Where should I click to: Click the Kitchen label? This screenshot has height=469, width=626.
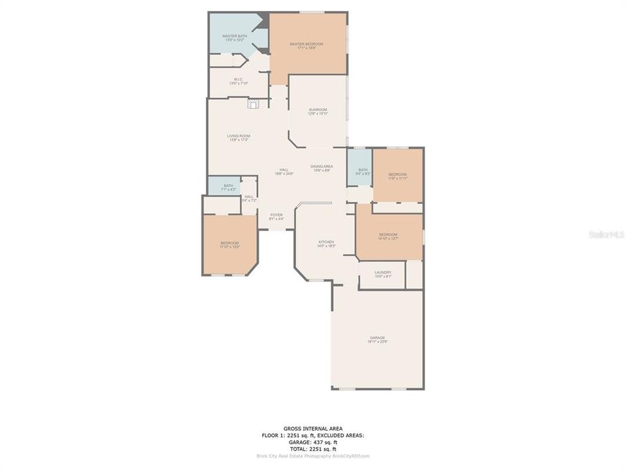click(x=326, y=243)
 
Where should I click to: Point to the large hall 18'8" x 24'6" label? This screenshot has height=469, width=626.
click(x=284, y=171)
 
